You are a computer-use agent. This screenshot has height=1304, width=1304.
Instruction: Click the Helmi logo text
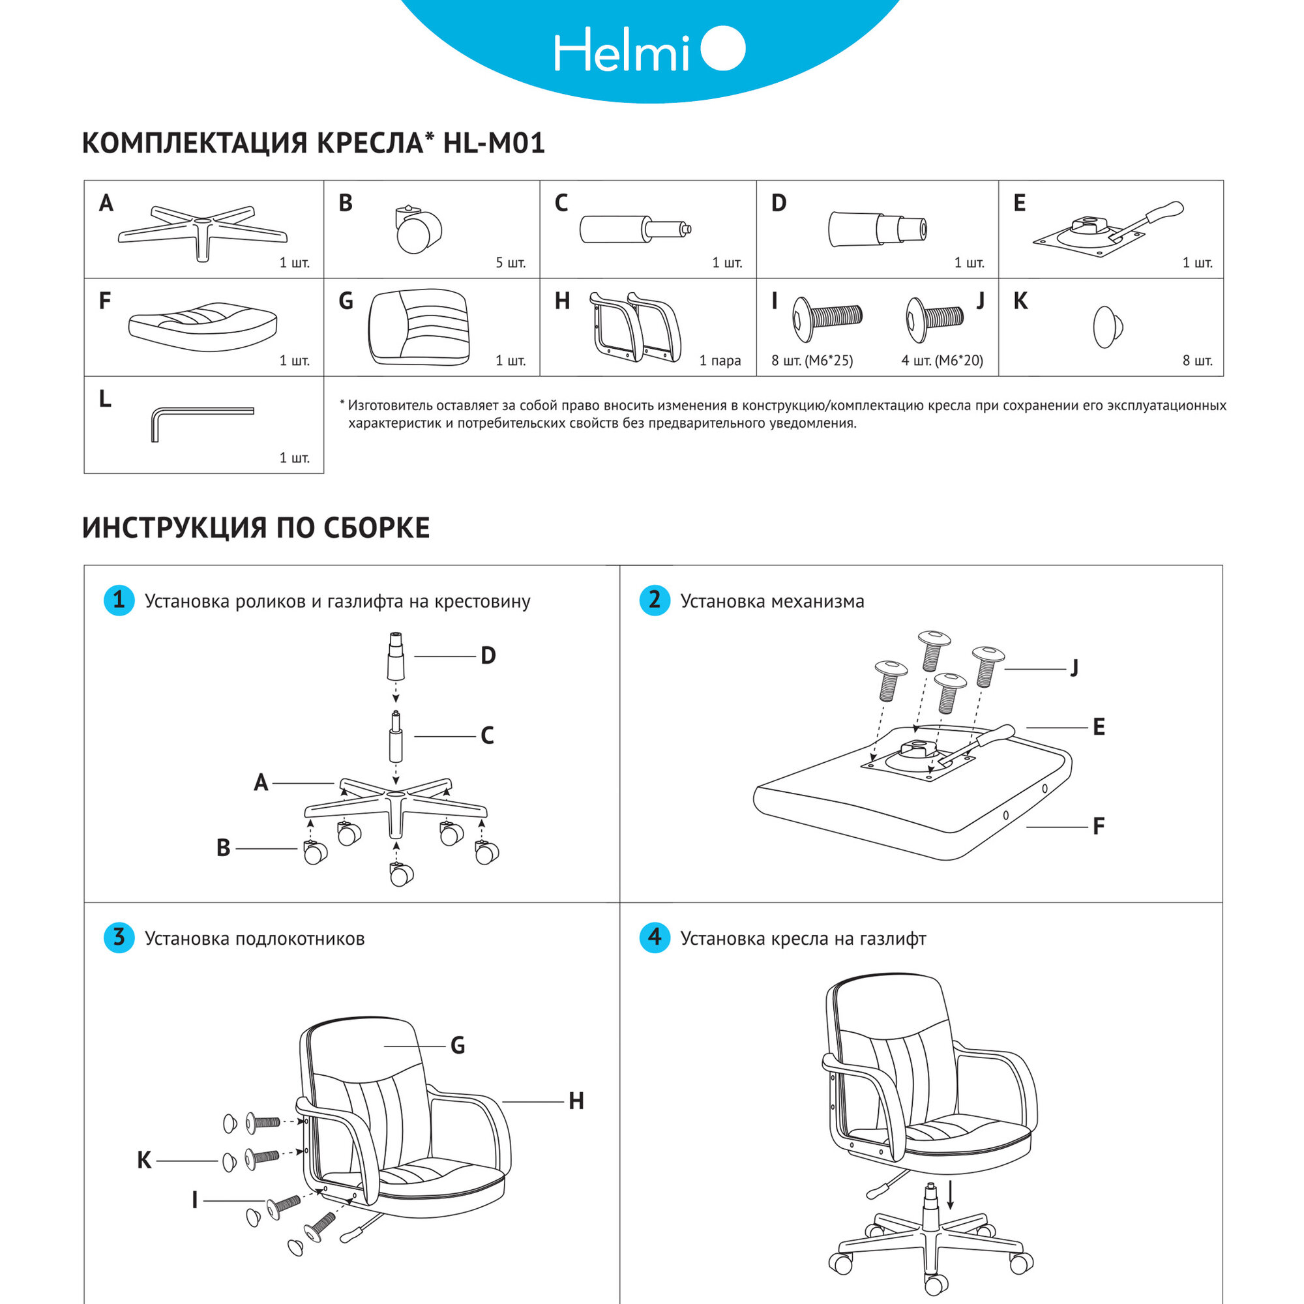(x=621, y=50)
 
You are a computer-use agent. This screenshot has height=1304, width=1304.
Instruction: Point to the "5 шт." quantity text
(x=511, y=263)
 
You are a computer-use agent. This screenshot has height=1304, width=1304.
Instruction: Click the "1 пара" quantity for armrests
(x=720, y=361)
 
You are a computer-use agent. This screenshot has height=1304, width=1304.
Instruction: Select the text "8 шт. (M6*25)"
(x=812, y=361)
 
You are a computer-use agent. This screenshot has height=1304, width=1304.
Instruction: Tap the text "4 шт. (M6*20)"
(x=941, y=361)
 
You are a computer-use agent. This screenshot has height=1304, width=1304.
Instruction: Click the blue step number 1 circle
(x=119, y=600)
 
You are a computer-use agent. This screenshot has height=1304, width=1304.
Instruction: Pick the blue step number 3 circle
(x=119, y=938)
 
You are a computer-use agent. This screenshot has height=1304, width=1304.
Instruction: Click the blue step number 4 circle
(x=654, y=938)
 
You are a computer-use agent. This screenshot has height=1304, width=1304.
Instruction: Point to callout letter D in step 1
(x=488, y=655)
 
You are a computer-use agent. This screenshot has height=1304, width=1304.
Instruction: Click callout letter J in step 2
(x=1074, y=668)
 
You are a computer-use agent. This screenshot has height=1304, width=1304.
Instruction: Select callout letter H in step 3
(x=576, y=1101)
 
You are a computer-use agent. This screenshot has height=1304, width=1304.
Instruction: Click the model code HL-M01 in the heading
(x=494, y=143)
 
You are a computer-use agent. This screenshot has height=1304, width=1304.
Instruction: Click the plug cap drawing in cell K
(x=1107, y=327)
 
